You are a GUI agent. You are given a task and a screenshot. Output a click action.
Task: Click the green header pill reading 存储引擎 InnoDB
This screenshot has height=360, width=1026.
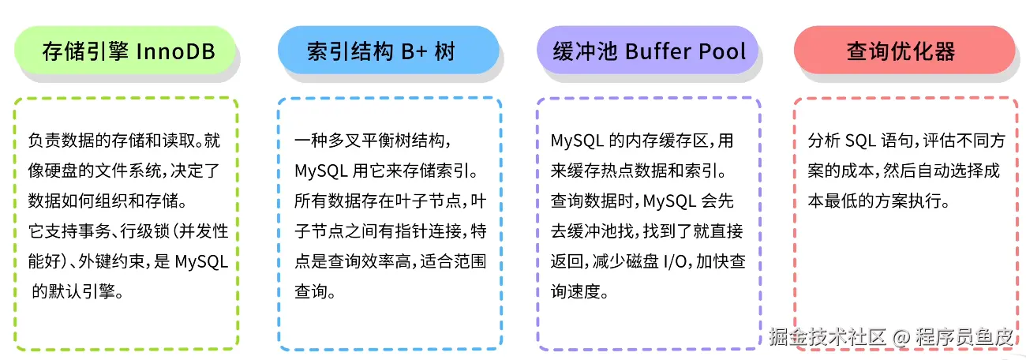click(x=126, y=52)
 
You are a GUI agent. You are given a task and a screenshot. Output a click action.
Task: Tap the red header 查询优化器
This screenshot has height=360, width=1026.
click(x=901, y=52)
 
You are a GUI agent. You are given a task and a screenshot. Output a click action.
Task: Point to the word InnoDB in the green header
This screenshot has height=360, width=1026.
click(x=176, y=52)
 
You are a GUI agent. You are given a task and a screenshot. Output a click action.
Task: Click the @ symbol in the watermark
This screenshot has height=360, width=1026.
click(x=900, y=336)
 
